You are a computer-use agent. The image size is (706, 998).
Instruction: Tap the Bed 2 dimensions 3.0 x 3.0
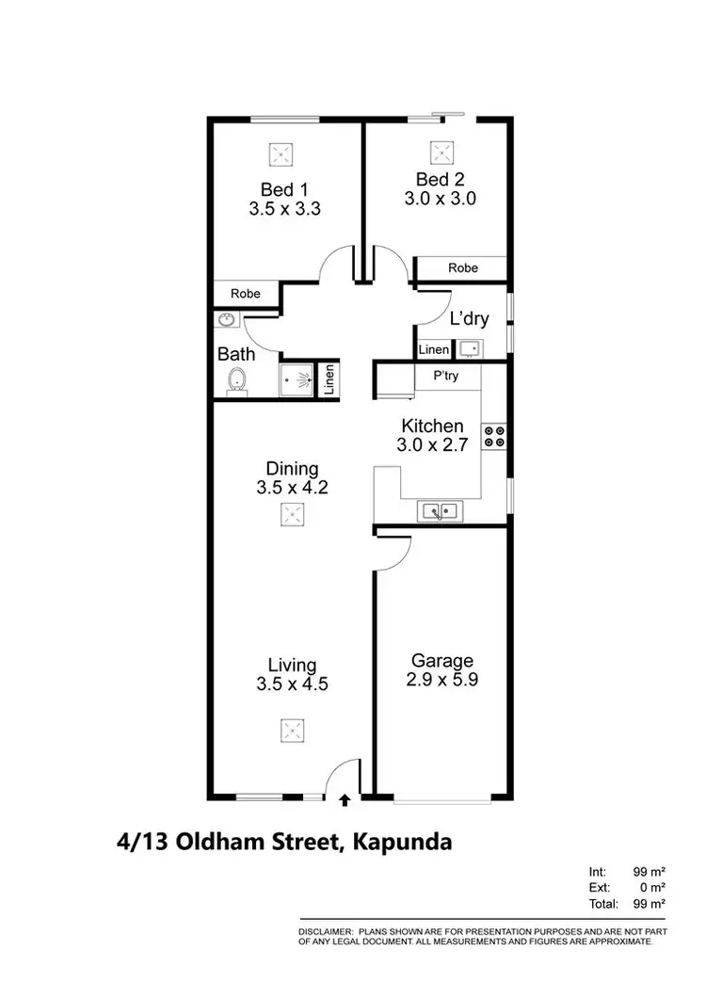(x=441, y=199)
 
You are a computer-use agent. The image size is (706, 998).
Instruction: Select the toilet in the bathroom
(x=237, y=381)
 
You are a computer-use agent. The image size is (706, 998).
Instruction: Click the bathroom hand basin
(x=226, y=321)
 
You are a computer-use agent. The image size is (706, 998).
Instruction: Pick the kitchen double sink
(x=439, y=511)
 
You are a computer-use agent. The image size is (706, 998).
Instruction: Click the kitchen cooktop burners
(x=494, y=437)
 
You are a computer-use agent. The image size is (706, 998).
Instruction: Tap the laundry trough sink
(x=470, y=349)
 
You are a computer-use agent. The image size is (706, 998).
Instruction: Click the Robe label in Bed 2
(x=463, y=268)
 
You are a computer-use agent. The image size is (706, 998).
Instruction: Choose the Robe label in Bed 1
(x=246, y=294)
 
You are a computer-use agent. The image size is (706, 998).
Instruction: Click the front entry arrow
(x=345, y=800)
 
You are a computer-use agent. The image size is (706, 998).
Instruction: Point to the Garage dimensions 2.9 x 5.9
(x=441, y=680)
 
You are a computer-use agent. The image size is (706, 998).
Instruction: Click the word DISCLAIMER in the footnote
(x=325, y=930)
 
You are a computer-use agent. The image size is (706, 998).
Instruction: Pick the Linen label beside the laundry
(x=434, y=350)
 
